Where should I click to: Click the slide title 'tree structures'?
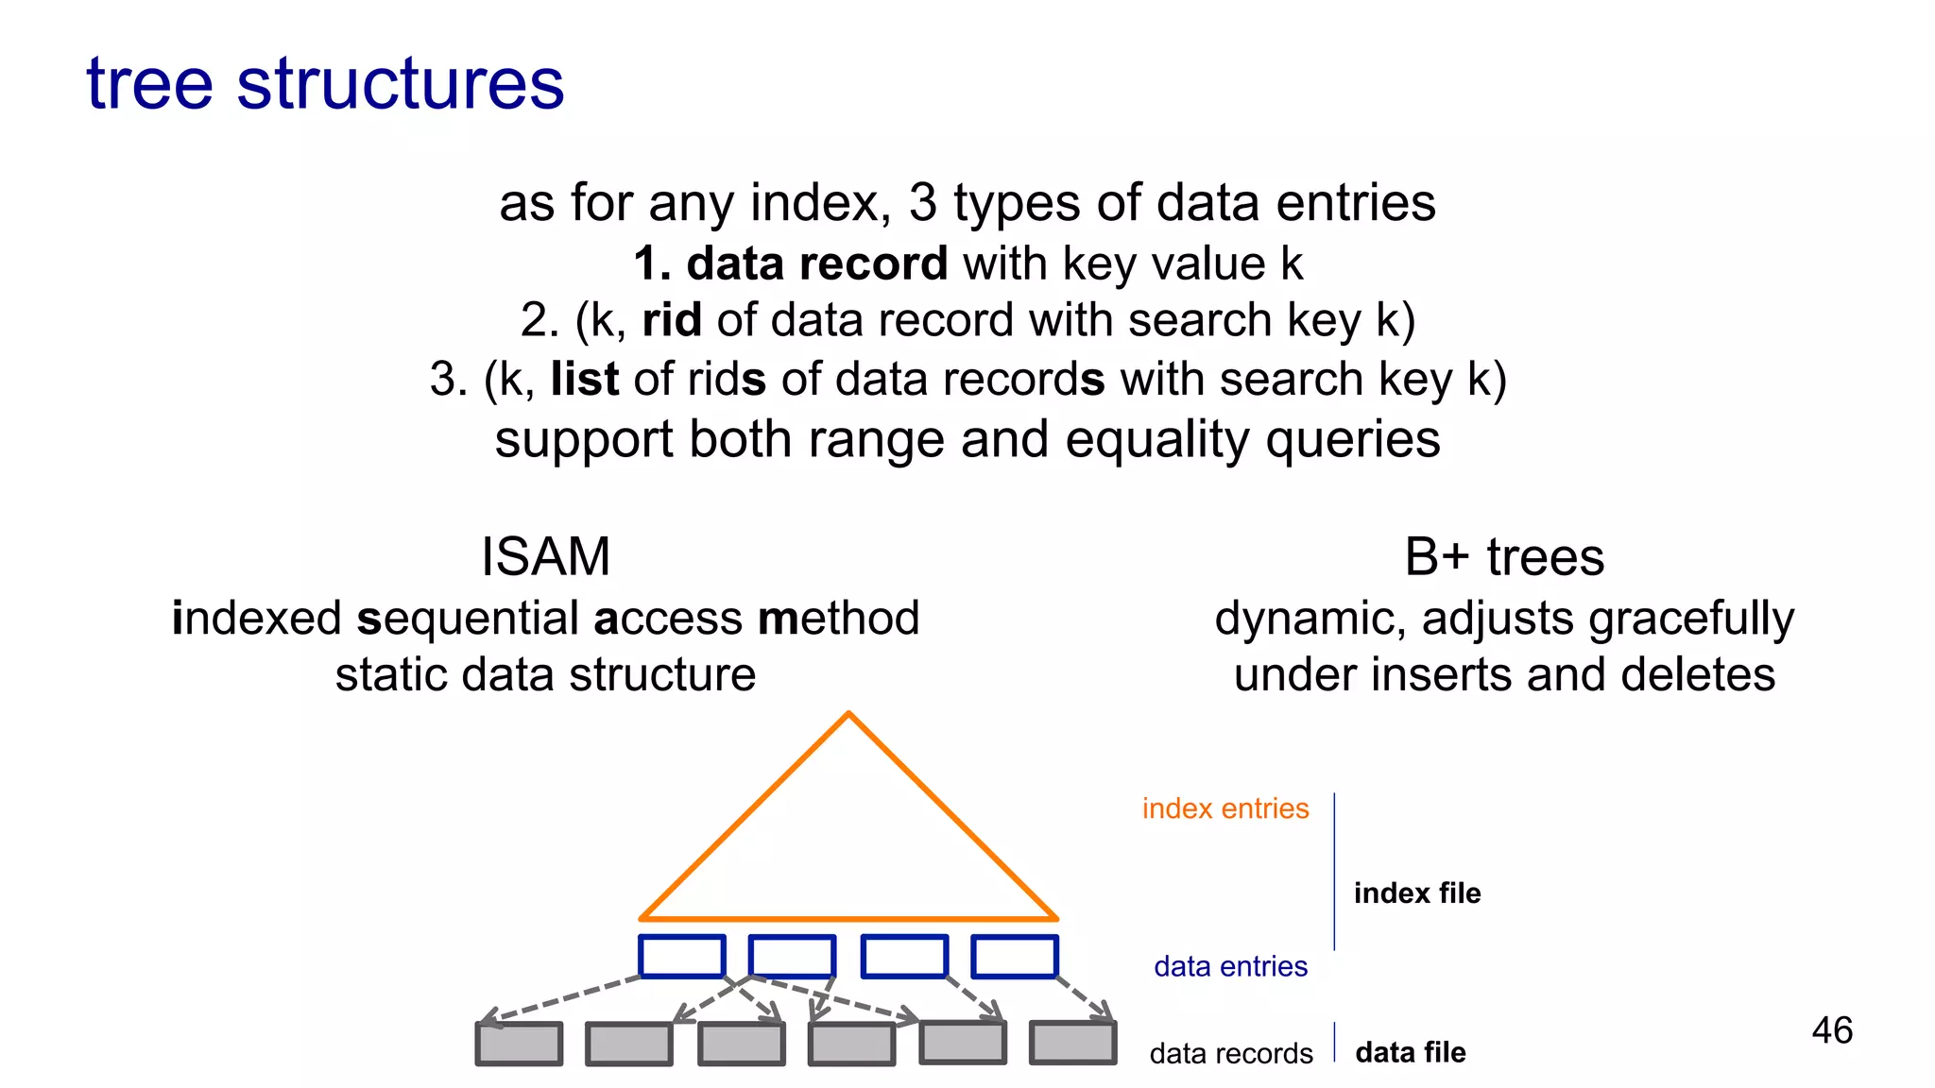coord(325,85)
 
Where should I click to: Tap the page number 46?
coord(1832,1030)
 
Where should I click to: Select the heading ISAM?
coord(545,557)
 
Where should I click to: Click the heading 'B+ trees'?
coord(1504,557)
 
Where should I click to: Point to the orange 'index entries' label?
coord(1225,809)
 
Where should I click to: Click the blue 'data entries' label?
coord(1230,967)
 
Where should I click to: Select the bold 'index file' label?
coord(1416,893)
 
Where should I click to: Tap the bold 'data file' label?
coord(1410,1053)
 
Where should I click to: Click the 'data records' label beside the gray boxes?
coord(1230,1054)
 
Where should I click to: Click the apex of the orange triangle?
coord(848,716)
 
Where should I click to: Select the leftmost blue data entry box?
coord(681,957)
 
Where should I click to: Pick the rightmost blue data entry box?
coord(1014,957)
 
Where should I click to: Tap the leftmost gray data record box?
coord(519,1045)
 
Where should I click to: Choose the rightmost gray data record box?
coord(1072,1044)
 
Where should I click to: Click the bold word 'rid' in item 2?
coord(672,321)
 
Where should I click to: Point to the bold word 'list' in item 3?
coord(585,380)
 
